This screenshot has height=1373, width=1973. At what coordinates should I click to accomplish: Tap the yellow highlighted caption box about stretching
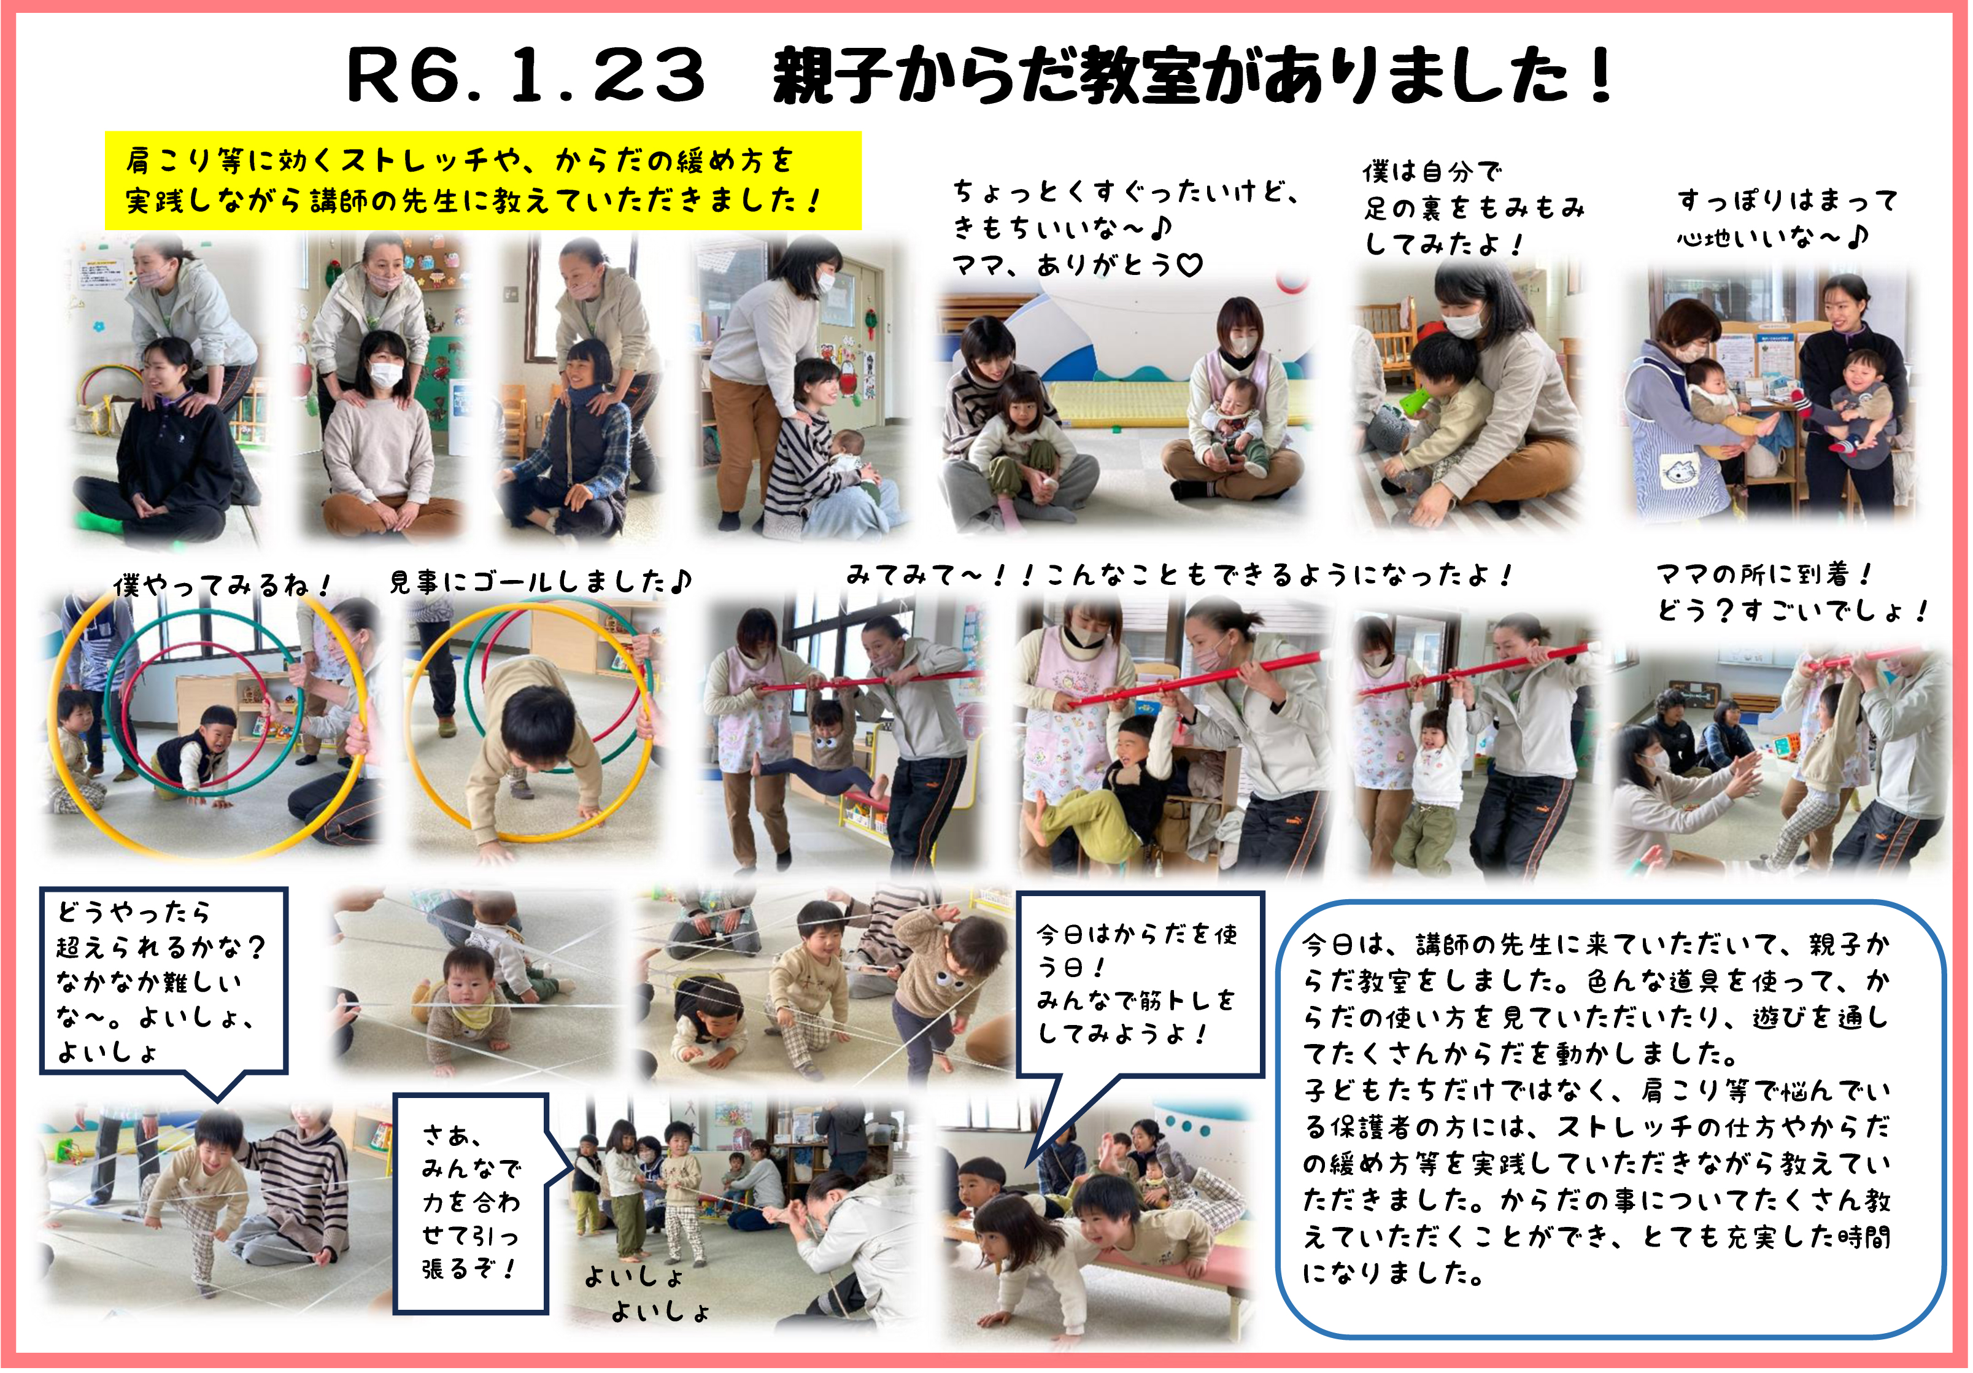[x=483, y=180]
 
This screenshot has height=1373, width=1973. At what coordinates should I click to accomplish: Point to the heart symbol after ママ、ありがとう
[x=1189, y=266]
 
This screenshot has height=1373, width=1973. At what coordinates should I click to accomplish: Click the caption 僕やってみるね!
[x=222, y=585]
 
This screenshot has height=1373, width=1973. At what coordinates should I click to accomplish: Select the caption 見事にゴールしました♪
[x=539, y=582]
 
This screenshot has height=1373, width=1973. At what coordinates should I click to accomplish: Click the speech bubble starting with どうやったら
[x=163, y=981]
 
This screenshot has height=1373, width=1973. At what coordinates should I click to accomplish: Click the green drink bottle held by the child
[x=1415, y=401]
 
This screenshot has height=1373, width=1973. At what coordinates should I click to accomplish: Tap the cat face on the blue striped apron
[x=1677, y=472]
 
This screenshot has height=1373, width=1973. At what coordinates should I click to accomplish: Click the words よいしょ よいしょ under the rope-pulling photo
[x=649, y=1294]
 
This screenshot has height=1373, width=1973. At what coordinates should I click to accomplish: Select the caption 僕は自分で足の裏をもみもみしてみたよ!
[x=1473, y=208]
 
